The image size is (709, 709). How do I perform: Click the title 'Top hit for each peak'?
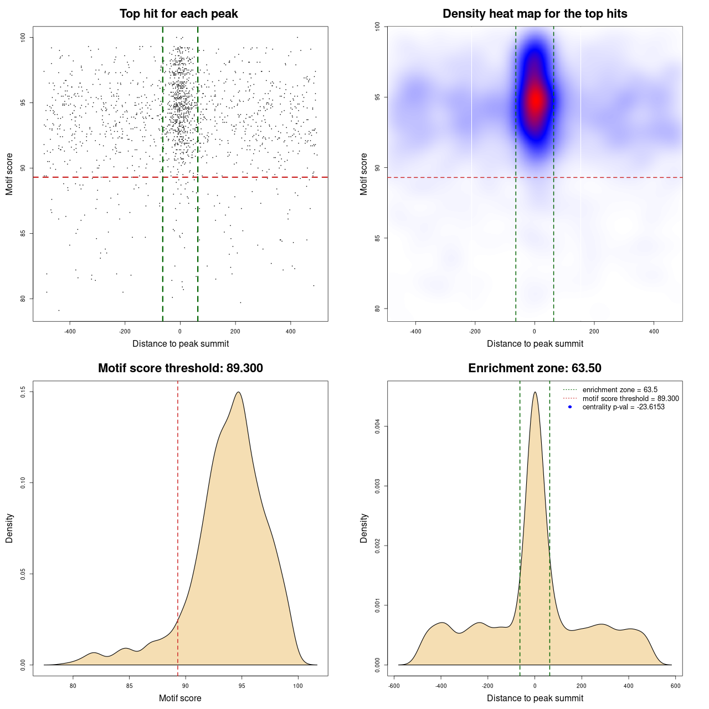178,14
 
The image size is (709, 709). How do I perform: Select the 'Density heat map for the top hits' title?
535,14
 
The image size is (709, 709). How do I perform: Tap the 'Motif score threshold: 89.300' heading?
180,368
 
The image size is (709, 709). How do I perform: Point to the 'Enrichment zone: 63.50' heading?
535,368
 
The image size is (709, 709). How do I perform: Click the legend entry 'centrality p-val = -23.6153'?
623,407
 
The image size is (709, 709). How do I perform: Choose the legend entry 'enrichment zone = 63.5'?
620,390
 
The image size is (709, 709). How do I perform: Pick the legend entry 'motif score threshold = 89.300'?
630,399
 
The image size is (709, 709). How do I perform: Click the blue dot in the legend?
570,407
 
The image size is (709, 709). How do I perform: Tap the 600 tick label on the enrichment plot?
675,686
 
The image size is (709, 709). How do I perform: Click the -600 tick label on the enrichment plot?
394,686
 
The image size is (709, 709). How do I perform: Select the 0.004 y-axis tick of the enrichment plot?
378,427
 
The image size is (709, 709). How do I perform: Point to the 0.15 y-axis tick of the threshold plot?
23,392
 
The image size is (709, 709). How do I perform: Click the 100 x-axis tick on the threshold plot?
298,686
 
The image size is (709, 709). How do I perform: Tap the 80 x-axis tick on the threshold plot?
73,686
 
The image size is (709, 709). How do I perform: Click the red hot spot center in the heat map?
535,100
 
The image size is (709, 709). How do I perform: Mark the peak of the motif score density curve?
238,392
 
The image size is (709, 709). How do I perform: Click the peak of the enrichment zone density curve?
535,392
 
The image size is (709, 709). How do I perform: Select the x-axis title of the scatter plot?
181,344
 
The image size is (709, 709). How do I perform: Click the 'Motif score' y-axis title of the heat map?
364,174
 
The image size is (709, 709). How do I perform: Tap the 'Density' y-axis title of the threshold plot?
9,528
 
